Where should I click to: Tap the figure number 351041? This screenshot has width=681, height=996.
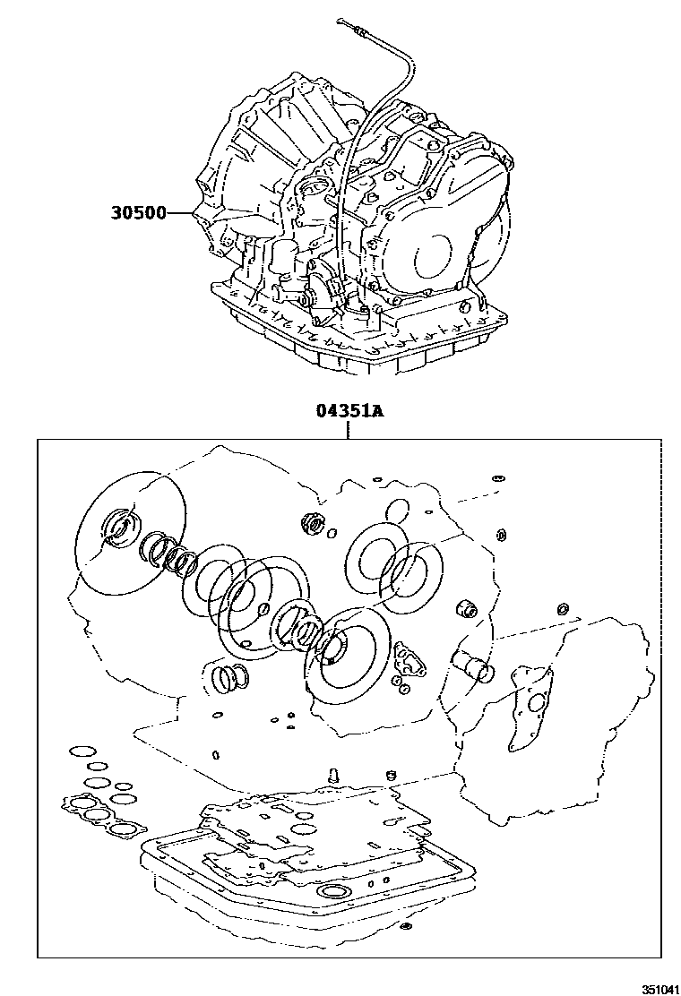(657, 987)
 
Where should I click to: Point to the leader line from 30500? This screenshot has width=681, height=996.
(182, 214)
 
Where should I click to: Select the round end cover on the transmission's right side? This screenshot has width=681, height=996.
(443, 250)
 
